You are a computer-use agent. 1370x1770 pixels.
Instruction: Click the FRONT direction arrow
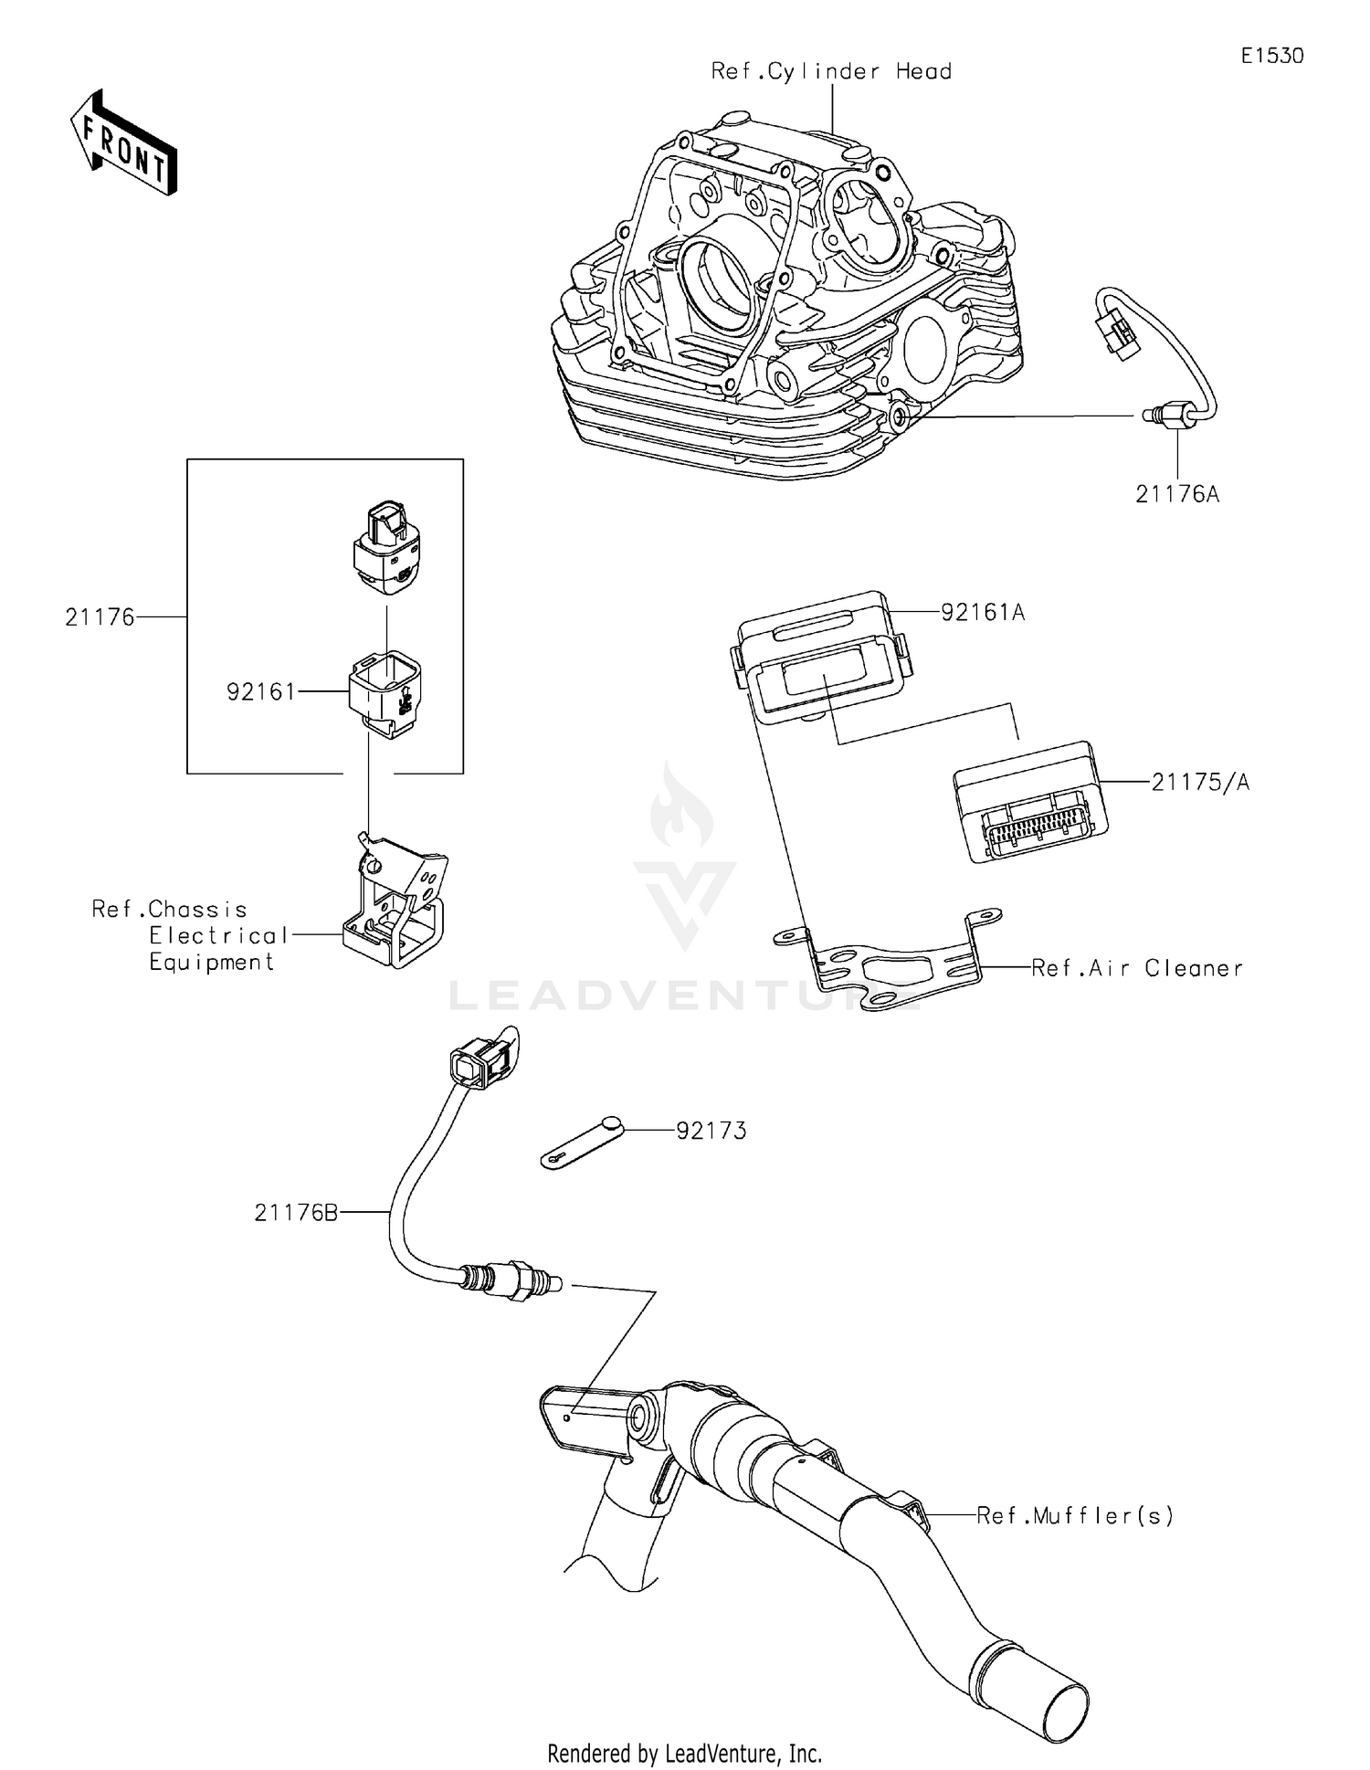(123, 143)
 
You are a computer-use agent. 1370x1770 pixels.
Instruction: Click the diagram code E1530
(1271, 56)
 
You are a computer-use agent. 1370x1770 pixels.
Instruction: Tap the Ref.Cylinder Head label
(831, 71)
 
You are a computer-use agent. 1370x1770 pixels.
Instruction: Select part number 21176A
(1176, 494)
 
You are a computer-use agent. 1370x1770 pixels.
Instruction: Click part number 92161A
(983, 612)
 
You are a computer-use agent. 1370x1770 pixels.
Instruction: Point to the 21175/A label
(1199, 782)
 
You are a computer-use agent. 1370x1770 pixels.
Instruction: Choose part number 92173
(711, 1131)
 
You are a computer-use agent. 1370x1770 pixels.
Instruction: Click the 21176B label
(296, 1213)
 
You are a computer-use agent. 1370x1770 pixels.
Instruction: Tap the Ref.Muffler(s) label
(1074, 1516)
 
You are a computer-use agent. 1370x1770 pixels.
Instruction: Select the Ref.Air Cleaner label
(1136, 968)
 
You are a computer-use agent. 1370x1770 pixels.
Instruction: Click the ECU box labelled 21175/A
(1030, 802)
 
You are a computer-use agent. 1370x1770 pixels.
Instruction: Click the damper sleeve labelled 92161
(386, 692)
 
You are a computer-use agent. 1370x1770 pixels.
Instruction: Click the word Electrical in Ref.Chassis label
(218, 935)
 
